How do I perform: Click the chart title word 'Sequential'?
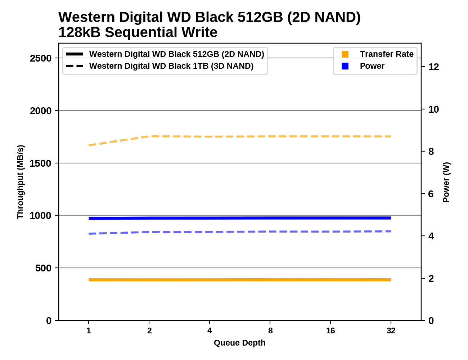[x=141, y=32]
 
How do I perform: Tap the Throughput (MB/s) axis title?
[x=20, y=182]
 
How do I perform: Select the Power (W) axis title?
[x=446, y=182]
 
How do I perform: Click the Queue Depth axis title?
[x=239, y=343]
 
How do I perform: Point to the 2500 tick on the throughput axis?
[x=41, y=58]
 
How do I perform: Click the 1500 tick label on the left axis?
[x=41, y=163]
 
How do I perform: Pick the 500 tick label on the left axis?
[x=43, y=268]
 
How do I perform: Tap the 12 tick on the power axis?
[x=433, y=67]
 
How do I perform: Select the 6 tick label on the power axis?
[x=431, y=194]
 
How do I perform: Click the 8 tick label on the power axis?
[x=431, y=152]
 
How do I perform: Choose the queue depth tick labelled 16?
[x=330, y=330]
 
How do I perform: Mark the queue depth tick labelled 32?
[x=391, y=330]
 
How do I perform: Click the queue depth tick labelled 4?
[x=210, y=330]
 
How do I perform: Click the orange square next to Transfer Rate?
[x=345, y=54]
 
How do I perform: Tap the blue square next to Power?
[x=345, y=66]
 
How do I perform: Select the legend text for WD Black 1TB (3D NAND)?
[x=171, y=66]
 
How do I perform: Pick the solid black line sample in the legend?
[x=75, y=54]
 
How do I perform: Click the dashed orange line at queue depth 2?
[x=149, y=136]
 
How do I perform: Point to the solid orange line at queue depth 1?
[x=89, y=280]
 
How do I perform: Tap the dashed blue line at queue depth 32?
[x=391, y=231]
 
